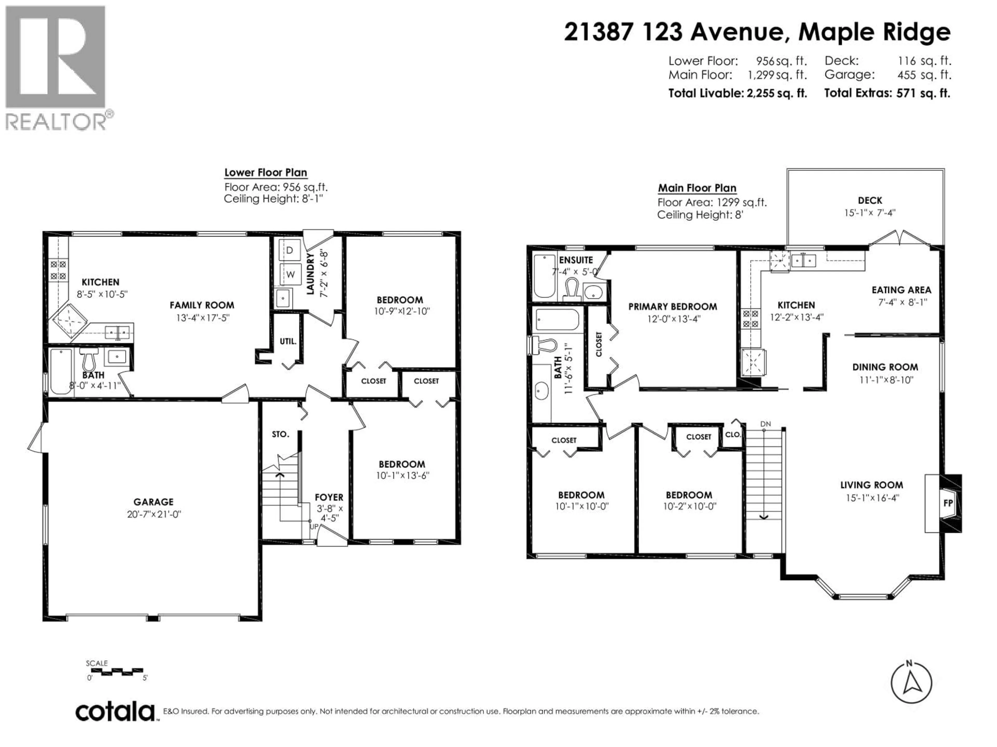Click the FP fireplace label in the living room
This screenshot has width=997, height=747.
(x=948, y=503)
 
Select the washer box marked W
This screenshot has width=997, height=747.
(x=290, y=274)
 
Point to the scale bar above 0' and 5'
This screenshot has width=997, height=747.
(x=115, y=671)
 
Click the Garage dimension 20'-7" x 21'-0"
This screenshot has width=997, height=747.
(x=154, y=514)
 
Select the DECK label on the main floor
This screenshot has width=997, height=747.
(x=870, y=200)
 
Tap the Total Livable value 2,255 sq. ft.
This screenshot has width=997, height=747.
(x=775, y=93)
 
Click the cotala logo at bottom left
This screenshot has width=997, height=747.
(x=115, y=712)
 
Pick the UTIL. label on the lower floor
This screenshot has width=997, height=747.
(x=288, y=341)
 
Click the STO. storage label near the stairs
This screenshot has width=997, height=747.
(x=280, y=434)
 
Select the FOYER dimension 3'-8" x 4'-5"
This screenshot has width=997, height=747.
(x=329, y=513)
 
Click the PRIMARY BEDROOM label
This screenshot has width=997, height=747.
(x=672, y=307)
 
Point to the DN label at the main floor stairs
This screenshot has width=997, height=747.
(x=765, y=424)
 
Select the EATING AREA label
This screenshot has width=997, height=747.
(x=901, y=290)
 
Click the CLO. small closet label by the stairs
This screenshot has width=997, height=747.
(x=732, y=434)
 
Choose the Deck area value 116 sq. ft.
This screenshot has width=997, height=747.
(x=924, y=60)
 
